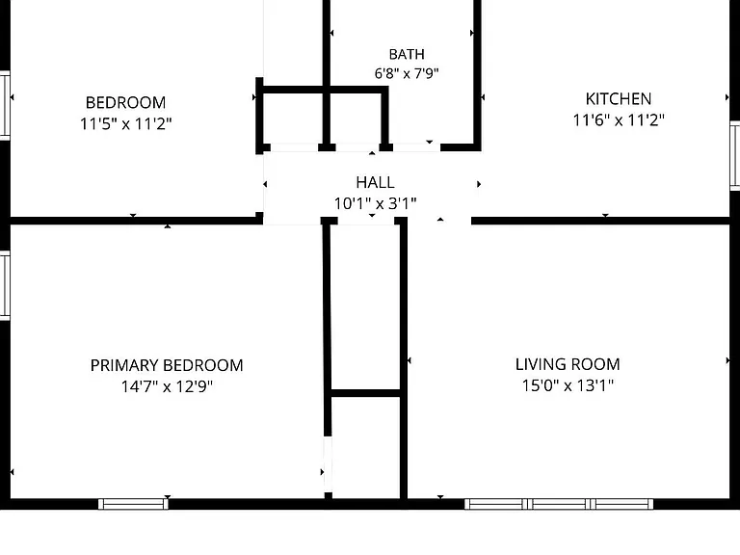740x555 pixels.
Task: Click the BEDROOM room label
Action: point(125,102)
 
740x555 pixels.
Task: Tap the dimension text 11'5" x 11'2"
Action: point(125,123)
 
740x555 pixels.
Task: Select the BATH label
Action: point(407,54)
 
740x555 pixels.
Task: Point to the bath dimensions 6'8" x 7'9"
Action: point(407,73)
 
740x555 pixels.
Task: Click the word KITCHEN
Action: point(619,99)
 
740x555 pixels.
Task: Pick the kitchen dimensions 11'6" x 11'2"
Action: point(619,119)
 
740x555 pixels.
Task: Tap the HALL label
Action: point(375,182)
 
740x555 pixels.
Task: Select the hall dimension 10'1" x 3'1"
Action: point(375,203)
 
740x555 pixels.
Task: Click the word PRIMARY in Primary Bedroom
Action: point(124,365)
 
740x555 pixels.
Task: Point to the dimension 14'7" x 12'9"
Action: point(167,386)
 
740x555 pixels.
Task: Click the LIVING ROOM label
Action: point(568,364)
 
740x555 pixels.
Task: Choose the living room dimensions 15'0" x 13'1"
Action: point(568,385)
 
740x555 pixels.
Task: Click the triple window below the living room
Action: point(559,504)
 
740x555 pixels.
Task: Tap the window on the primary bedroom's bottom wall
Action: point(133,504)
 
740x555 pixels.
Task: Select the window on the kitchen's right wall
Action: point(735,155)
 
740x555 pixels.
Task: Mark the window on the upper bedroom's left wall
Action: point(5,105)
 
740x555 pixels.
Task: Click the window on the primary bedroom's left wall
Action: point(5,286)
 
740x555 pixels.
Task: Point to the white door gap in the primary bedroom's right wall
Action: point(328,464)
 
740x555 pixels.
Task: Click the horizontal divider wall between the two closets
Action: point(366,393)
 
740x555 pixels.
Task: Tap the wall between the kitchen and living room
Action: point(600,221)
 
